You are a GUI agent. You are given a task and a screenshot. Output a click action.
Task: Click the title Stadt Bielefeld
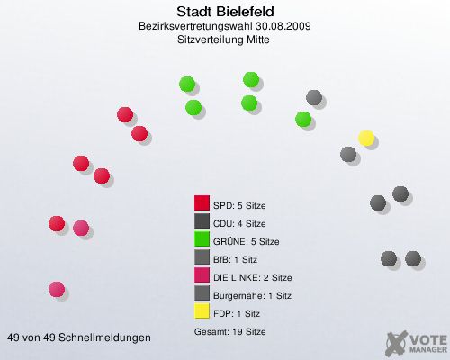point(225,12)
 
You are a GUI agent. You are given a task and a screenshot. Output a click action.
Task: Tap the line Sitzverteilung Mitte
point(225,41)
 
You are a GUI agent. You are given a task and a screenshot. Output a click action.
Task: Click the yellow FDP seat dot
point(366,138)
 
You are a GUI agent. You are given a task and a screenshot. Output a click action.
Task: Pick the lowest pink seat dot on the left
point(57,289)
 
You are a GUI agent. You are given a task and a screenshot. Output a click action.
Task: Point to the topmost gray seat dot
point(314,97)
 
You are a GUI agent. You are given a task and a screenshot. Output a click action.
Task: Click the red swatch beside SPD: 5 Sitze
point(202,205)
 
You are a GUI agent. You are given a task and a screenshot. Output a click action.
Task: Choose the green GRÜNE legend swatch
point(202,241)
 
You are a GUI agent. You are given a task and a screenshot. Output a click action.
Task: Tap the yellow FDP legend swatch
point(202,313)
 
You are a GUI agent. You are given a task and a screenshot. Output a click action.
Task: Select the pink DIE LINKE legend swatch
point(202,277)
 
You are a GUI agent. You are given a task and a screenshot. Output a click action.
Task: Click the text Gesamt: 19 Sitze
point(229,331)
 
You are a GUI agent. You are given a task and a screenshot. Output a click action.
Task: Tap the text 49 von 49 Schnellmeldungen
point(79,337)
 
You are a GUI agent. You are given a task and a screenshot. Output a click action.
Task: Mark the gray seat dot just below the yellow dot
point(349,155)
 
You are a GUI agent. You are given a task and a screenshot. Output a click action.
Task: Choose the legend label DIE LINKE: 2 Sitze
point(252,277)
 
